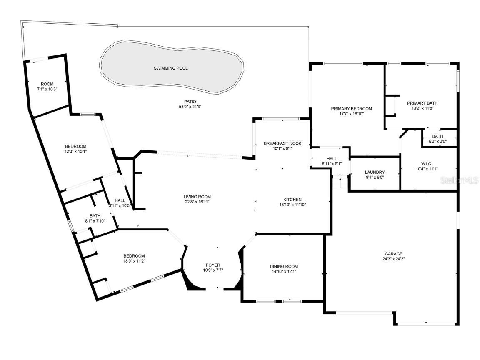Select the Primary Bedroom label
(x=351, y=109)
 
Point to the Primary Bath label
(x=422, y=103)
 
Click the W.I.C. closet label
(x=427, y=163)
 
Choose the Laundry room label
(x=375, y=172)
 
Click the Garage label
(x=393, y=254)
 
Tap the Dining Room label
(x=284, y=267)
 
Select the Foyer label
(x=213, y=265)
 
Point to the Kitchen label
(x=292, y=200)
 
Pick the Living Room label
(x=197, y=197)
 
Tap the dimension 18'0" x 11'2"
(x=134, y=261)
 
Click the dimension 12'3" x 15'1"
(x=75, y=151)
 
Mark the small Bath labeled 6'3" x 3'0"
(x=437, y=141)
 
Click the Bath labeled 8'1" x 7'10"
(x=95, y=221)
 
